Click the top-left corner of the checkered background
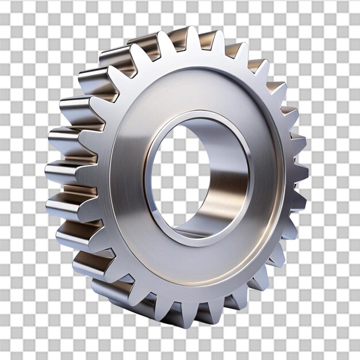pos(3,3)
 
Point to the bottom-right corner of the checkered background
pos(357,357)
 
